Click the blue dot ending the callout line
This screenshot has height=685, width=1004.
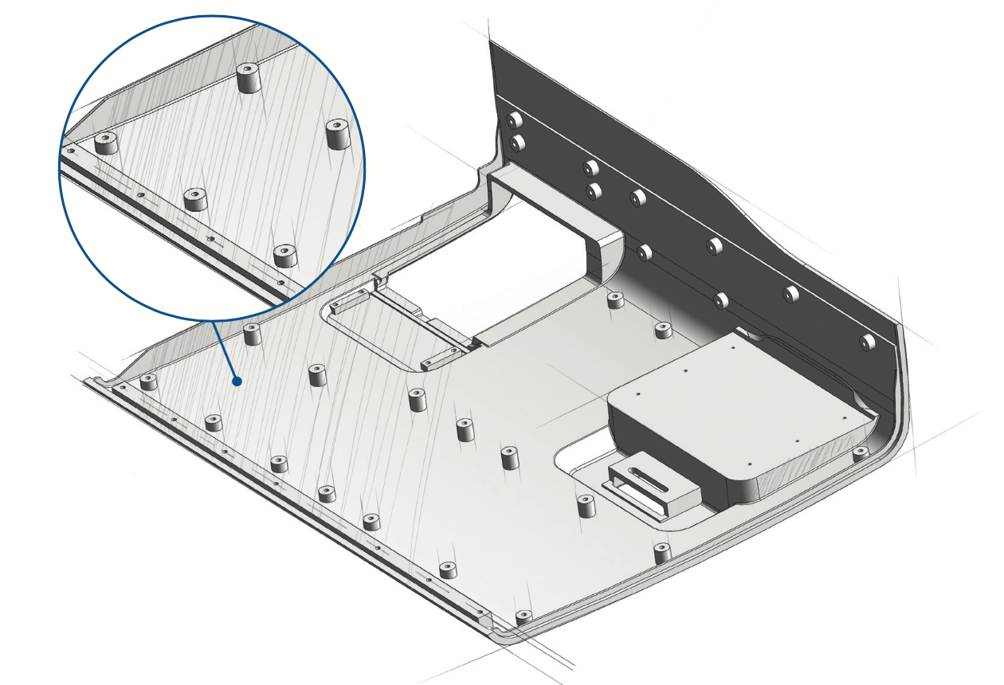click(237, 382)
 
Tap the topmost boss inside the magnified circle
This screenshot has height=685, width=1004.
click(249, 77)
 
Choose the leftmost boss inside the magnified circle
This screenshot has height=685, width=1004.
click(106, 143)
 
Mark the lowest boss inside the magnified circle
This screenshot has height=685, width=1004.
click(284, 255)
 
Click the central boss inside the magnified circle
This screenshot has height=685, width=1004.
click(195, 198)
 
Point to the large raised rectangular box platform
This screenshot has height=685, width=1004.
click(733, 398)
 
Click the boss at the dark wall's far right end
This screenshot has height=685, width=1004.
click(866, 342)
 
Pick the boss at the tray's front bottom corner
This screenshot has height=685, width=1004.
click(523, 618)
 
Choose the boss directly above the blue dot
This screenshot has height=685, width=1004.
click(253, 334)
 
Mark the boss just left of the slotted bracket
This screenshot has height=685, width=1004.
click(586, 506)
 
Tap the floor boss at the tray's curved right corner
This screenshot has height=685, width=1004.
click(860, 453)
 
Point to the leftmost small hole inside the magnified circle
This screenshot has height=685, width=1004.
click(72, 150)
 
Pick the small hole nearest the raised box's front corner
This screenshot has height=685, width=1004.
click(751, 464)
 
